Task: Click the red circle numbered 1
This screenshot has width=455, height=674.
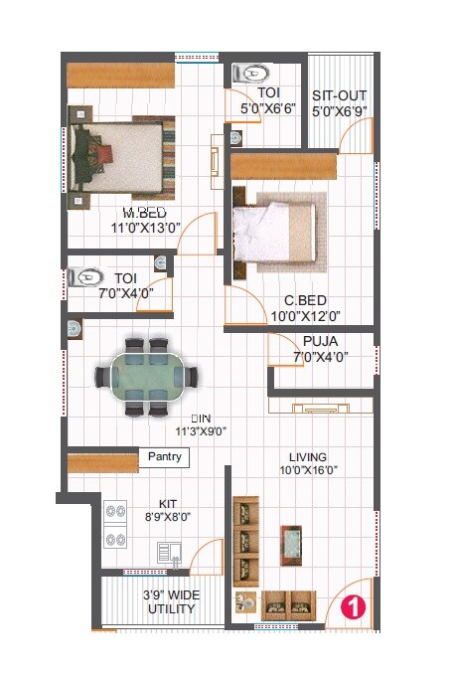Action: [x=351, y=605]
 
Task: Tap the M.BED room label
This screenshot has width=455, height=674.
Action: [x=144, y=213]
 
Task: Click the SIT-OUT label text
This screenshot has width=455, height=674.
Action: [x=340, y=95]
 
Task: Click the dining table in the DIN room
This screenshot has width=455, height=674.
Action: [x=147, y=377]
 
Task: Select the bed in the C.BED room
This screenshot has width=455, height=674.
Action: [x=276, y=230]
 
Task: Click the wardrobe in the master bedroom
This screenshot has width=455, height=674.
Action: [x=115, y=76]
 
